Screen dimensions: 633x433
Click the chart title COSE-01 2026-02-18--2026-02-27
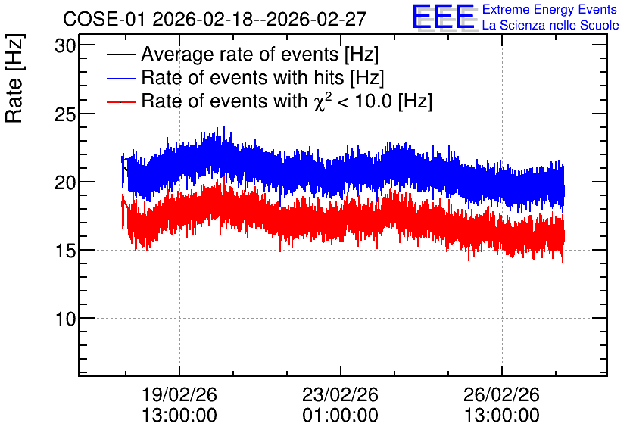[x=215, y=19]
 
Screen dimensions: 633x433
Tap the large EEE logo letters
[x=444, y=17]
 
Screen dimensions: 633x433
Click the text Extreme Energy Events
[x=550, y=9]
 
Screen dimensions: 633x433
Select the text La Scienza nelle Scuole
[x=550, y=25]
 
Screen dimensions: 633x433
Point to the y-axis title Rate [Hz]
[x=14, y=78]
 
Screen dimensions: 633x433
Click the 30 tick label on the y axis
[x=65, y=46]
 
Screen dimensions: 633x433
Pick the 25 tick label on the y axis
[x=65, y=114]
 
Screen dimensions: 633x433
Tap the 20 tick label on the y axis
[x=65, y=182]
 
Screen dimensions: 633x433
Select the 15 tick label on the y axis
[x=65, y=251]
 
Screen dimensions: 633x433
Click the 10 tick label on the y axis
[x=65, y=319]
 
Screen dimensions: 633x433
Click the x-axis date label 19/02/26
[x=179, y=394]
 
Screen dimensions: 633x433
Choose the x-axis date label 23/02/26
[x=340, y=394]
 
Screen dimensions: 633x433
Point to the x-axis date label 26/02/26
[x=501, y=394]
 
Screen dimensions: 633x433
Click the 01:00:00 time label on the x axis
[x=340, y=416]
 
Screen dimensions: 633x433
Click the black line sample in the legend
[x=120, y=55]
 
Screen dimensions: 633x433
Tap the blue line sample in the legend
[x=120, y=78]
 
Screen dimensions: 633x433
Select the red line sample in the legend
[x=120, y=101]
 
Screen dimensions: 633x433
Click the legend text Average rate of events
[x=240, y=54]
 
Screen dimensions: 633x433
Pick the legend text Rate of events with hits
[x=242, y=77]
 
